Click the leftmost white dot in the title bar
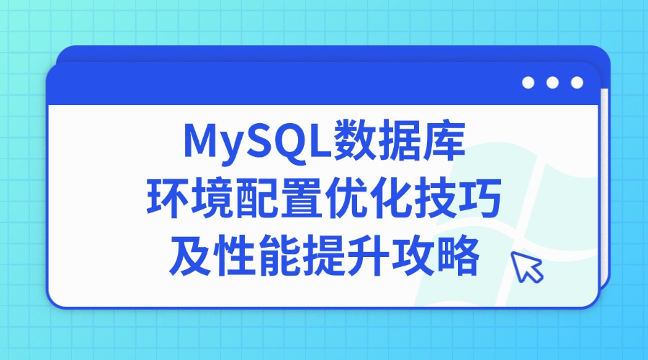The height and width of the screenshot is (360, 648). point(528,83)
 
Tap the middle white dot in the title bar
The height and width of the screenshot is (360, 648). point(552,83)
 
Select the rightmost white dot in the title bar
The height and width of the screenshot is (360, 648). point(577,83)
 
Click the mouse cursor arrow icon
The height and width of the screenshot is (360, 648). point(526,268)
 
